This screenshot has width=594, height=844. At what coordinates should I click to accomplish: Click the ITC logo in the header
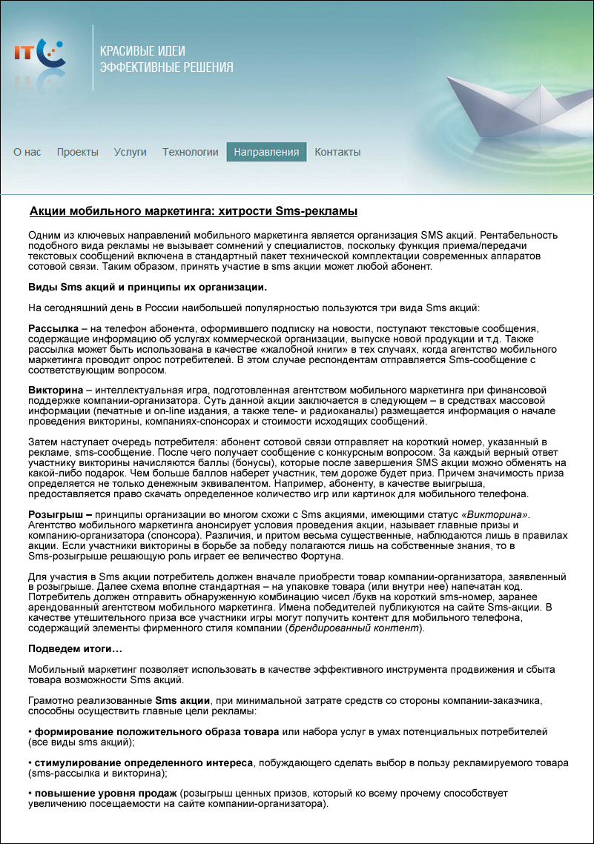click(39, 53)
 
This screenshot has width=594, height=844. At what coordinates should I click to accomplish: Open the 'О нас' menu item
click(27, 152)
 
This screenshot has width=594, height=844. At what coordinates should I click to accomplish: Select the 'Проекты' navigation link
click(77, 152)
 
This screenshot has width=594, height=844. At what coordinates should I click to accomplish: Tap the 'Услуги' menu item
click(131, 152)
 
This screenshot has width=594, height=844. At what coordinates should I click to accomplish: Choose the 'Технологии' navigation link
click(191, 152)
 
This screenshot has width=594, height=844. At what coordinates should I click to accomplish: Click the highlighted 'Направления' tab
click(266, 152)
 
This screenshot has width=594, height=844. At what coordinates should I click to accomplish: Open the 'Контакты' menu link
click(337, 152)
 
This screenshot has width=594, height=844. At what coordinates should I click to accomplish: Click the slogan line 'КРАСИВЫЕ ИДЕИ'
click(142, 51)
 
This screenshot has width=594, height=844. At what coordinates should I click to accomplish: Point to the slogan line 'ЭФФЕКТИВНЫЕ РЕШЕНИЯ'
click(166, 67)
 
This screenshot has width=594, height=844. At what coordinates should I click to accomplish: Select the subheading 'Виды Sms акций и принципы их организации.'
click(148, 287)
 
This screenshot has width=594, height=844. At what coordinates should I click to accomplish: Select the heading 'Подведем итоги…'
click(75, 649)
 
